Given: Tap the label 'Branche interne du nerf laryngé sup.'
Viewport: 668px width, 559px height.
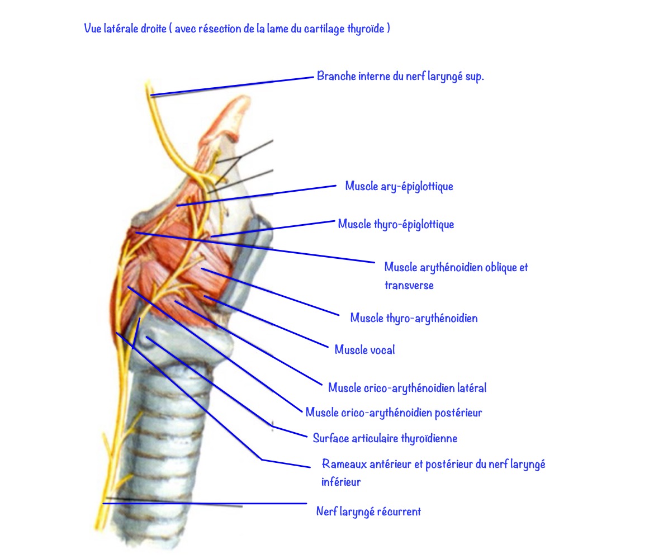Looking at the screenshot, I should [x=400, y=77].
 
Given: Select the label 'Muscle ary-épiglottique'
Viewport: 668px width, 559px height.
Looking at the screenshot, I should [x=399, y=186].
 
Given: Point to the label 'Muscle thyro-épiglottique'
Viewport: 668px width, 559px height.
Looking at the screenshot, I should [x=396, y=224].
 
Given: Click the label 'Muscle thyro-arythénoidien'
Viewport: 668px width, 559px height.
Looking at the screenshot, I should [x=414, y=318].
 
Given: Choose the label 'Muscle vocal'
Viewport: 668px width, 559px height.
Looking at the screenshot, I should [x=364, y=350].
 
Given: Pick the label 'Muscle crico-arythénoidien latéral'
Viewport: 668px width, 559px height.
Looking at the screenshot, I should [x=407, y=387].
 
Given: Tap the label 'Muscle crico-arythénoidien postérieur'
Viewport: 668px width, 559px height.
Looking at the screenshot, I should [x=394, y=413].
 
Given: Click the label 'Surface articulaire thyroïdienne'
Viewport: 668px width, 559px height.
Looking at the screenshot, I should [x=385, y=438].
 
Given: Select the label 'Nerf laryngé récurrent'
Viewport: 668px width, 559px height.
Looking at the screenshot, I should [x=368, y=511].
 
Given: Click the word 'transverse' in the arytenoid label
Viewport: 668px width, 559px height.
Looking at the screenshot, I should [x=409, y=285].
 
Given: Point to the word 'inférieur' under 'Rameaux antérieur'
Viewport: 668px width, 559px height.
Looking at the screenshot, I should [x=341, y=481].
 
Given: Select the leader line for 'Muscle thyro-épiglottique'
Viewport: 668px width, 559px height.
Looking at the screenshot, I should [x=274, y=229].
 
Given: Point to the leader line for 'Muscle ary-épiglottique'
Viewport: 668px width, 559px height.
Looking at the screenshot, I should [x=257, y=195].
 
